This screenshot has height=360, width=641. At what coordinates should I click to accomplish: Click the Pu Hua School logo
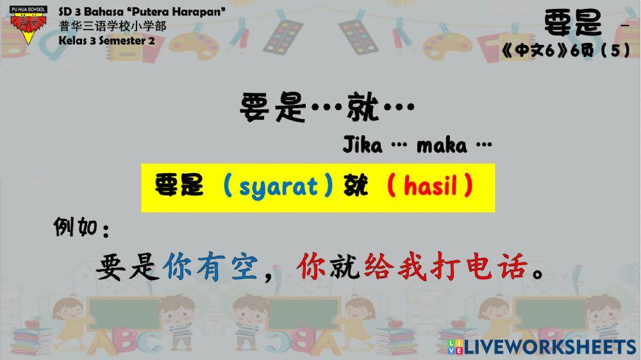click(x=28, y=24)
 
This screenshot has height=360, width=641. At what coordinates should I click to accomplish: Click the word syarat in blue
click(x=278, y=188)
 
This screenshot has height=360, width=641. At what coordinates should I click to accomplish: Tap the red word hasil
click(x=430, y=186)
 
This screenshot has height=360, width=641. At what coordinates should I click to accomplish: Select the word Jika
click(x=363, y=145)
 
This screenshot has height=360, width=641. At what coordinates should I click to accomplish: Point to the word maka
click(x=442, y=145)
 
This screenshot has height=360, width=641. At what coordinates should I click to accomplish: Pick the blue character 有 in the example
click(x=211, y=266)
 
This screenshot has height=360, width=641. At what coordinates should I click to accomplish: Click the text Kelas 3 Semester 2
click(x=106, y=40)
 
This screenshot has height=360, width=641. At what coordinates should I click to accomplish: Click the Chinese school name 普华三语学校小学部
click(x=112, y=26)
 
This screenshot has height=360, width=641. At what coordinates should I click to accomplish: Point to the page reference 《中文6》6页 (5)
click(x=566, y=50)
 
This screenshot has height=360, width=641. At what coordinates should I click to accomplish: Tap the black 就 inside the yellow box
click(x=356, y=185)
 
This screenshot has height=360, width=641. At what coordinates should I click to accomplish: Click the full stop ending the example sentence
click(x=537, y=273)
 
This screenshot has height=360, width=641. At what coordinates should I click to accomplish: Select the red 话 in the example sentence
click(x=512, y=266)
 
